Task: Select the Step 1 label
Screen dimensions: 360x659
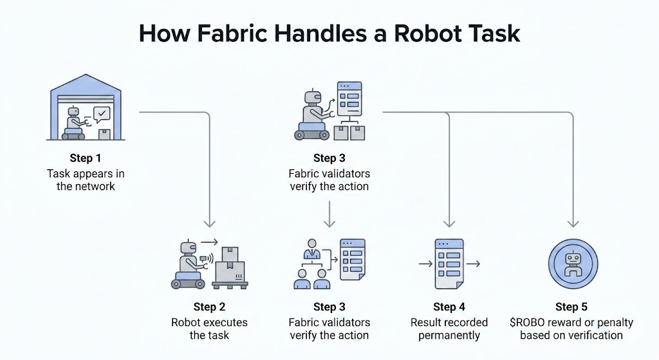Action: (86, 158)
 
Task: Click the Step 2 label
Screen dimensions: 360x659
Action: (209, 307)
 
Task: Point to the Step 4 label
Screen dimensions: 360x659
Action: (449, 307)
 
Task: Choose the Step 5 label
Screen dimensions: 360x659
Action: (571, 307)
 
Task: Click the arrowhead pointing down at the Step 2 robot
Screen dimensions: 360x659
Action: (209, 223)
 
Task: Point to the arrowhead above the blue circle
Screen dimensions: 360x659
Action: (571, 223)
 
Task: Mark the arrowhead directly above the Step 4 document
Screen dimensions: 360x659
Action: (449, 223)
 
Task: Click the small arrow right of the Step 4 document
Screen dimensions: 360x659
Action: (474, 264)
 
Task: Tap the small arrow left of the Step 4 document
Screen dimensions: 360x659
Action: (425, 264)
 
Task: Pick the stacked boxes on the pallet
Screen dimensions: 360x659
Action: (230, 264)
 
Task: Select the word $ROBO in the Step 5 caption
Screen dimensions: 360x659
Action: (536, 322)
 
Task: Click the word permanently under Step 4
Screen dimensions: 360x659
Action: (449, 335)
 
